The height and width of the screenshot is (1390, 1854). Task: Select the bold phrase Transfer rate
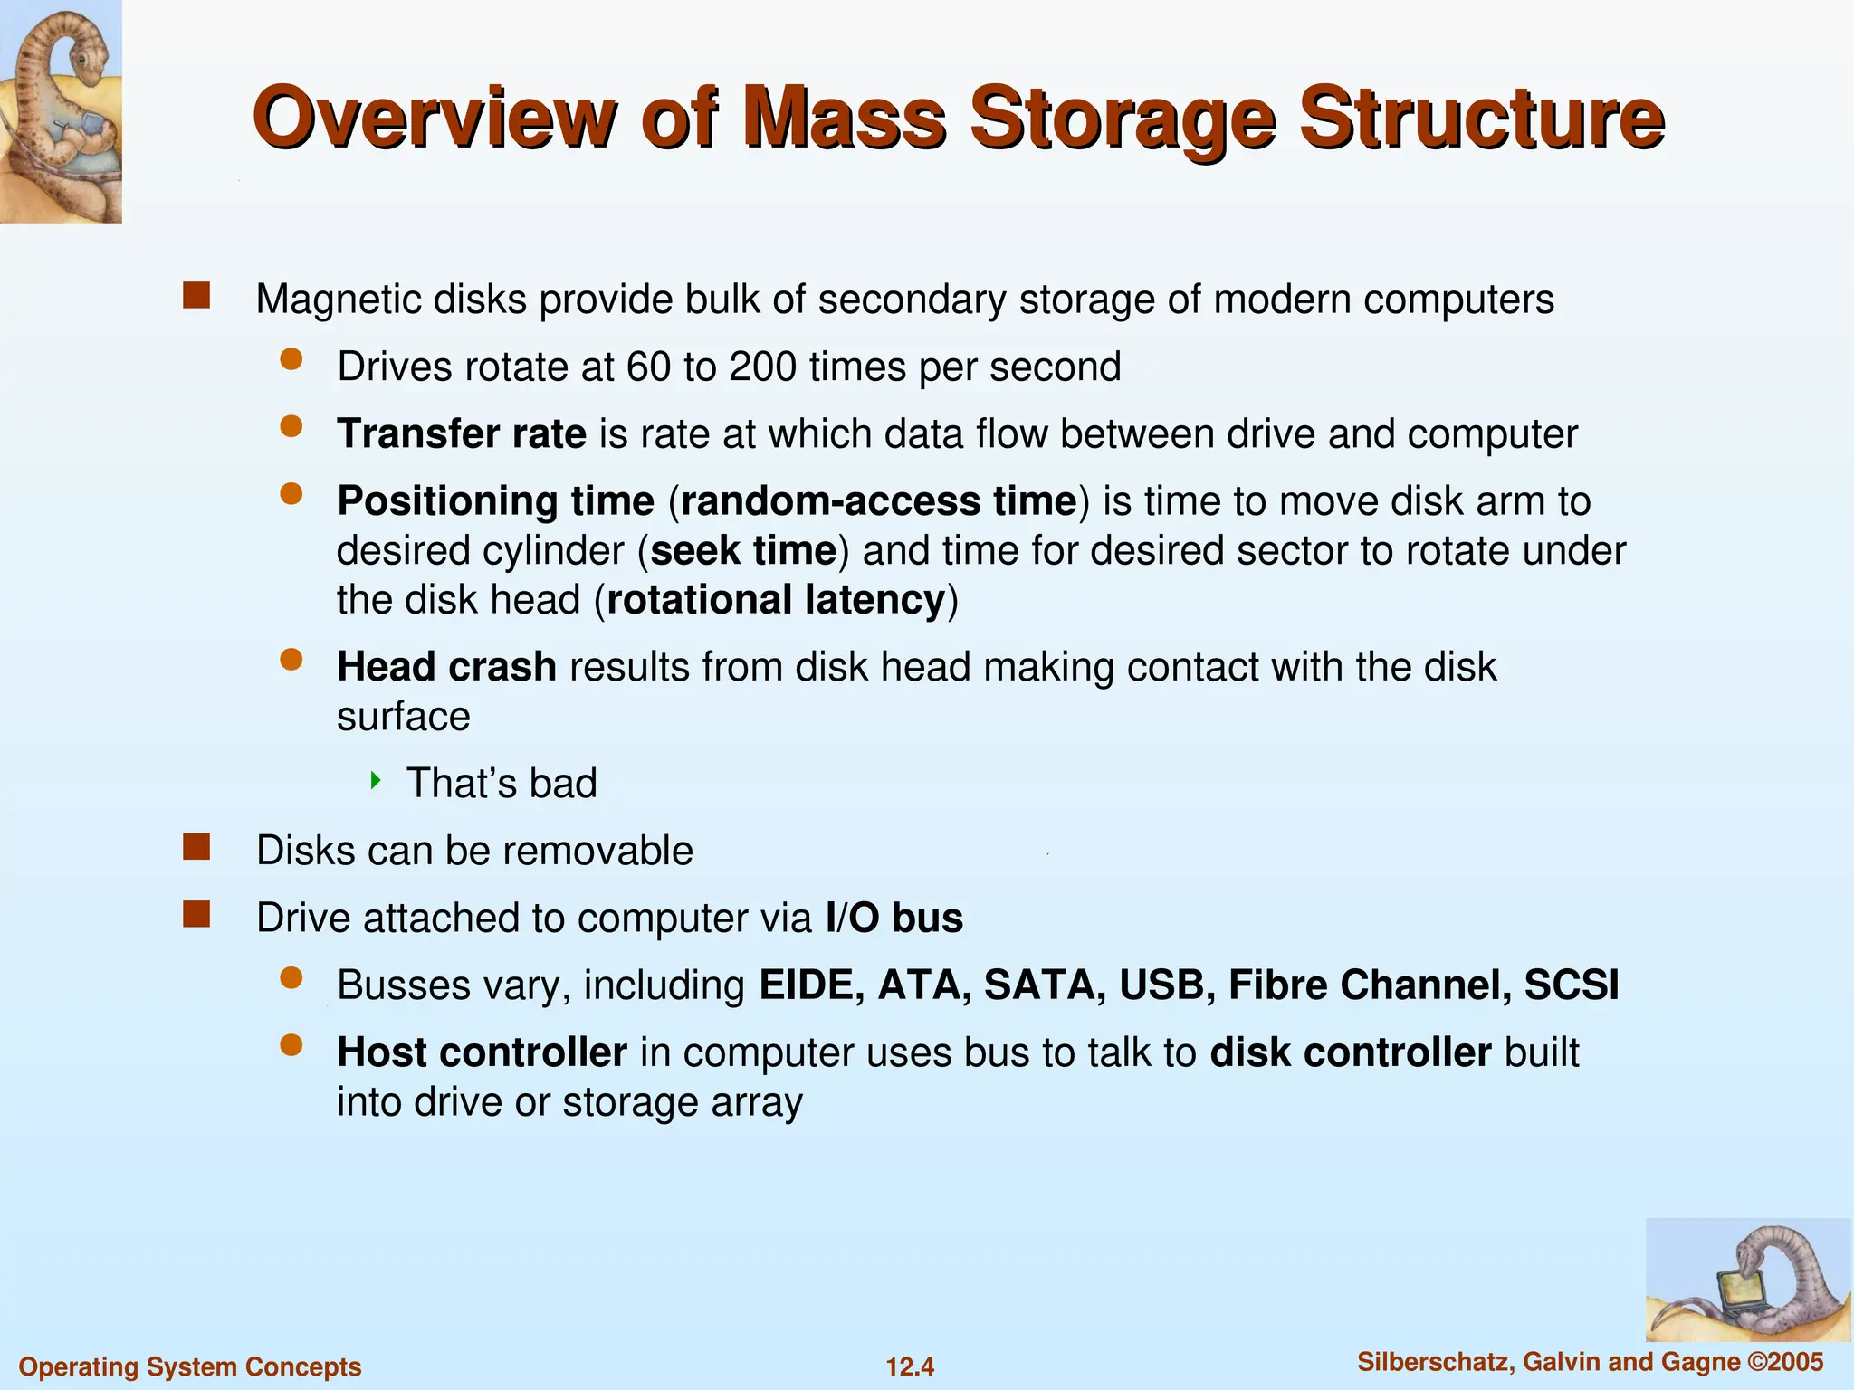coord(462,434)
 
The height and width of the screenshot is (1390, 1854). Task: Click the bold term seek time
coord(743,551)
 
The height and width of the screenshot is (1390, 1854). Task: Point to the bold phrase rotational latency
coord(776,600)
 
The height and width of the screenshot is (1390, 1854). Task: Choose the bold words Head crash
coord(446,668)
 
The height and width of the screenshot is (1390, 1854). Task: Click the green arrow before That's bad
coord(376,780)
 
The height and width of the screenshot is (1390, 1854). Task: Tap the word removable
coord(598,851)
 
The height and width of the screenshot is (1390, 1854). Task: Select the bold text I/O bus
coord(894,919)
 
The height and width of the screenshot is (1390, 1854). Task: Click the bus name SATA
coord(1044,985)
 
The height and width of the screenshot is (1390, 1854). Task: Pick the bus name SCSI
coord(1571,985)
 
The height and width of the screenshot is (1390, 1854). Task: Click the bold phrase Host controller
coord(482,1052)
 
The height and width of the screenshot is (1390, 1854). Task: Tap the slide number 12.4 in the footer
coord(910,1366)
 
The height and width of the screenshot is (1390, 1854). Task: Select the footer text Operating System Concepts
coord(190,1366)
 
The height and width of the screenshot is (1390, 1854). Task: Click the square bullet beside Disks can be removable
coord(196,847)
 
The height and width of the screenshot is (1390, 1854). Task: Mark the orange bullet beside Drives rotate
coord(291,360)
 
